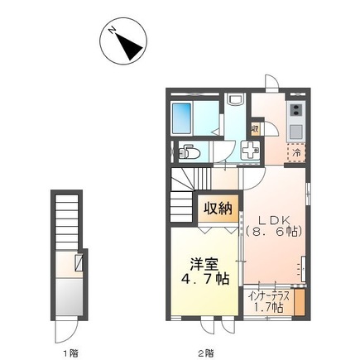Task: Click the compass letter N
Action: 113,30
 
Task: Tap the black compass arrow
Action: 129,46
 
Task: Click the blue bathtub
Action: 181,118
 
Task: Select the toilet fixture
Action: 190,152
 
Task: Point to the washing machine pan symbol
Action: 251,150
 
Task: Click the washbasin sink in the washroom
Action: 235,99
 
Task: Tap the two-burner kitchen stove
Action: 296,109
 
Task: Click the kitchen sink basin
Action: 296,132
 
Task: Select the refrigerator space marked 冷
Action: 296,152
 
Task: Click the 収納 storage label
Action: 218,209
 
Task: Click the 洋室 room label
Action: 204,265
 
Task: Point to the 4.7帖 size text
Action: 204,280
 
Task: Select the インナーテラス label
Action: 269,297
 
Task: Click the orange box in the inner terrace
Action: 300,302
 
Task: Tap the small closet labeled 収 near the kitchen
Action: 255,129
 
